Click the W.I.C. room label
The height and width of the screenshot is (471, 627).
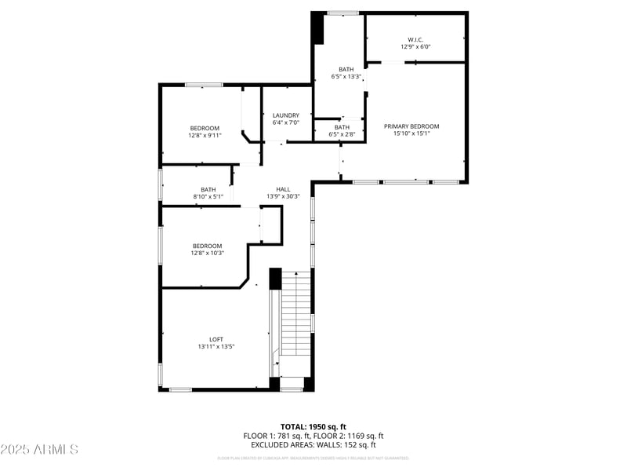(415, 39)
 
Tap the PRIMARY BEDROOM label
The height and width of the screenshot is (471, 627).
(411, 126)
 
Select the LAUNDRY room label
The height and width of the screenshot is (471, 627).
(286, 115)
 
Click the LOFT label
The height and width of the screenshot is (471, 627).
(216, 339)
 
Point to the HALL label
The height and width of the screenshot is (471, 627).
(283, 189)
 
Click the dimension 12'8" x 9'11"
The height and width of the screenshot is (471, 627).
(205, 135)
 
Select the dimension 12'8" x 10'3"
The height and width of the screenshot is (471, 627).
(207, 253)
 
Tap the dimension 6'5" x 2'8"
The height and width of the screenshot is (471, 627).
(342, 134)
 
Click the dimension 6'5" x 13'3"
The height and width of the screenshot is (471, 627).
(346, 76)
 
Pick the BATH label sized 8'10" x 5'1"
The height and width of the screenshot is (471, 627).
(208, 189)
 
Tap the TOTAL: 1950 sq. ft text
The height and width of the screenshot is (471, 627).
(313, 426)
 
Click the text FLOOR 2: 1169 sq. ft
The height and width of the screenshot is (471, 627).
(349, 436)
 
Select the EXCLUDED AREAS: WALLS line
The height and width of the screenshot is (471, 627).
(313, 445)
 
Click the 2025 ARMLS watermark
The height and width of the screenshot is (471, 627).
(39, 449)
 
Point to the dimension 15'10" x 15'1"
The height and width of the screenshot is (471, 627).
(411, 133)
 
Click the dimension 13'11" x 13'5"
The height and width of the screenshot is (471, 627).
(216, 346)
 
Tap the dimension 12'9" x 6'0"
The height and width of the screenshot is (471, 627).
(415, 46)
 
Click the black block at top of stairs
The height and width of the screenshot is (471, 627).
(275, 279)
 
